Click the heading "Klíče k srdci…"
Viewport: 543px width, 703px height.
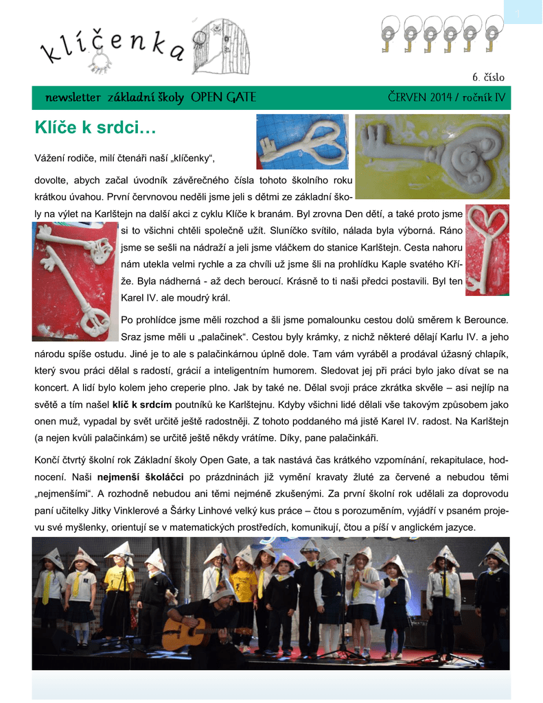click(95, 128)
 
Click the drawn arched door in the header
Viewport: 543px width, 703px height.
click(221, 46)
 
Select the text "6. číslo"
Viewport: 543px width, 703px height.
click(488, 77)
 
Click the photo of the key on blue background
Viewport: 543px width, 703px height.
click(302, 141)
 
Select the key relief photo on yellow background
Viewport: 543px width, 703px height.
click(432, 156)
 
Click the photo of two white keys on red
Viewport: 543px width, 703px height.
click(74, 281)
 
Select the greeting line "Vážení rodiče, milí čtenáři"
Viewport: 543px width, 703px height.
click(125, 160)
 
